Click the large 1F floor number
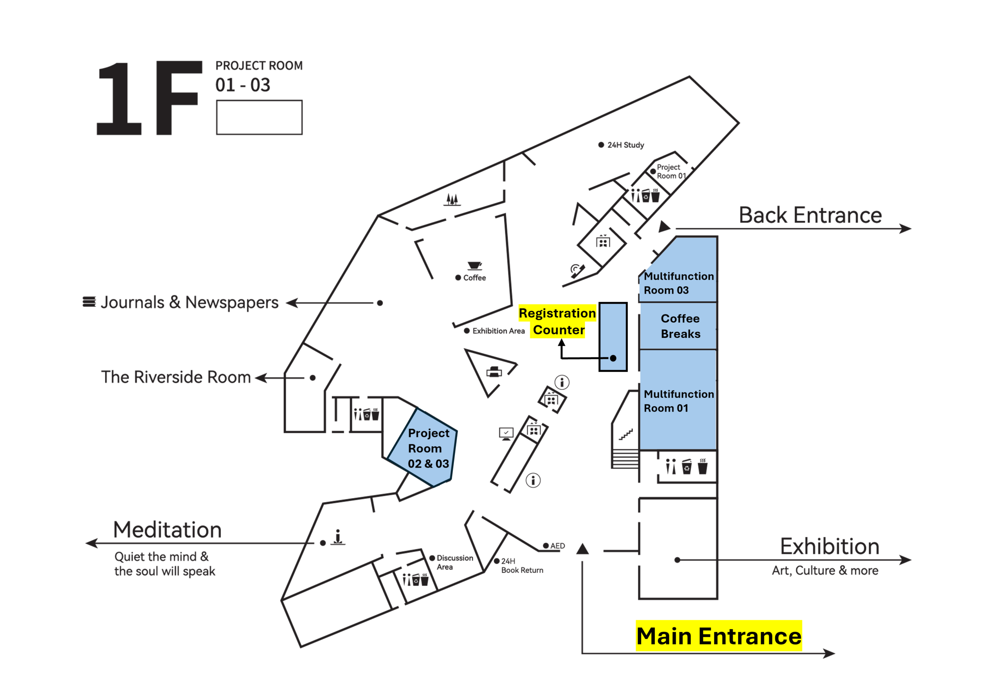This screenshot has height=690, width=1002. [149, 99]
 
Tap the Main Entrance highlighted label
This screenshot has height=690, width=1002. [719, 636]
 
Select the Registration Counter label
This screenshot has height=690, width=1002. [557, 321]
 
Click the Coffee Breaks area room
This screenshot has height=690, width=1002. [679, 326]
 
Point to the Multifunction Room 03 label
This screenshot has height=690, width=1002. [678, 283]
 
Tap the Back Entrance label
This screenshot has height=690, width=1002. [810, 215]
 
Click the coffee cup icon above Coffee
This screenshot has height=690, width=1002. [474, 266]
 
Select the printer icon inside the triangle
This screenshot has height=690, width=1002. [494, 372]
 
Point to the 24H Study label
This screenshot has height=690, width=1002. [625, 145]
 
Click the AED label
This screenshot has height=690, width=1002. [557, 546]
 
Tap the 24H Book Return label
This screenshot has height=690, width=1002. [521, 565]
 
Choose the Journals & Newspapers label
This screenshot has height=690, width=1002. [189, 303]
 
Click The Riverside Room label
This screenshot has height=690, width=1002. [176, 378]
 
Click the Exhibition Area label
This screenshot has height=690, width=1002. [498, 331]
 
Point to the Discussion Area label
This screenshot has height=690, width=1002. [454, 562]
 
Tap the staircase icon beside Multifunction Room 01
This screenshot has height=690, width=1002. [625, 434]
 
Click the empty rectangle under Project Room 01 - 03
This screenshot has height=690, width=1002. [259, 117]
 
